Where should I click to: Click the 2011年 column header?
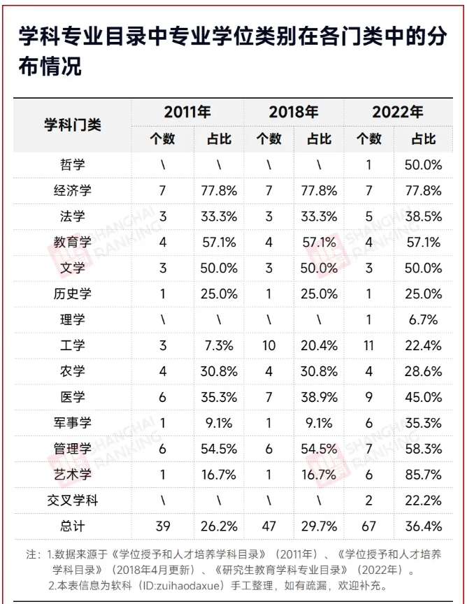point(187,112)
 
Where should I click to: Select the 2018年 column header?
point(294,112)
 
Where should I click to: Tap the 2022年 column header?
point(397,112)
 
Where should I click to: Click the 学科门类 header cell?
point(72,124)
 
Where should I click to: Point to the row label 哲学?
point(73,165)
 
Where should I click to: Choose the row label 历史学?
point(73,294)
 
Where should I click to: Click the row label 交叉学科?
point(73,500)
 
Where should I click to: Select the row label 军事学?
point(73,423)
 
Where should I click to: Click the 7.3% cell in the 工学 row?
point(219,345)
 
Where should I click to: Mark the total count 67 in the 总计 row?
point(368,526)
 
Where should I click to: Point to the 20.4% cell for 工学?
point(319,345)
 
